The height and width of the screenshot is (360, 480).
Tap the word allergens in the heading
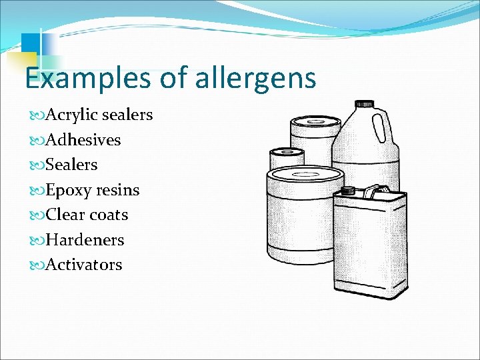click(x=255, y=79)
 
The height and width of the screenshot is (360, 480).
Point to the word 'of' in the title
click(x=174, y=79)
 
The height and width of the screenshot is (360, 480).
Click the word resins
click(x=117, y=190)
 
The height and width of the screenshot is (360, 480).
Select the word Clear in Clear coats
click(x=65, y=215)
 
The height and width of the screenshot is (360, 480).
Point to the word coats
click(x=109, y=215)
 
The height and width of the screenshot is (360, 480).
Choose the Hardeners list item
click(x=85, y=239)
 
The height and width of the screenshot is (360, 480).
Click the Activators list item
click(x=84, y=265)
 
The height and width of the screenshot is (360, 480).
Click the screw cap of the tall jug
click(x=364, y=105)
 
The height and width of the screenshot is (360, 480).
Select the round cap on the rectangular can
click(x=347, y=191)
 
